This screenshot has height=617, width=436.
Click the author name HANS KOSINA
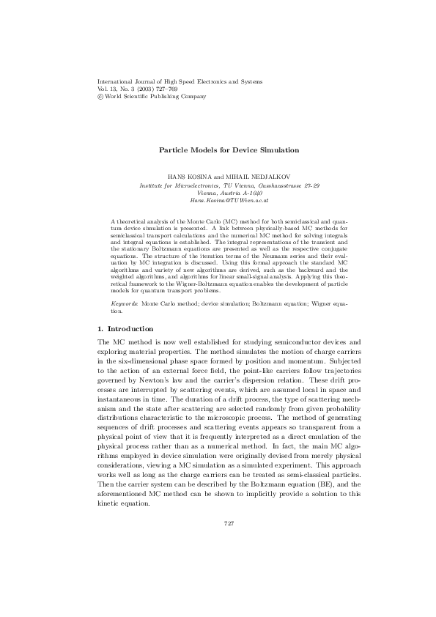(187, 178)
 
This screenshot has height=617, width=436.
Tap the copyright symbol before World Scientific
(100, 96)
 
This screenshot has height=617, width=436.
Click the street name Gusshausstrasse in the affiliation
(275, 185)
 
